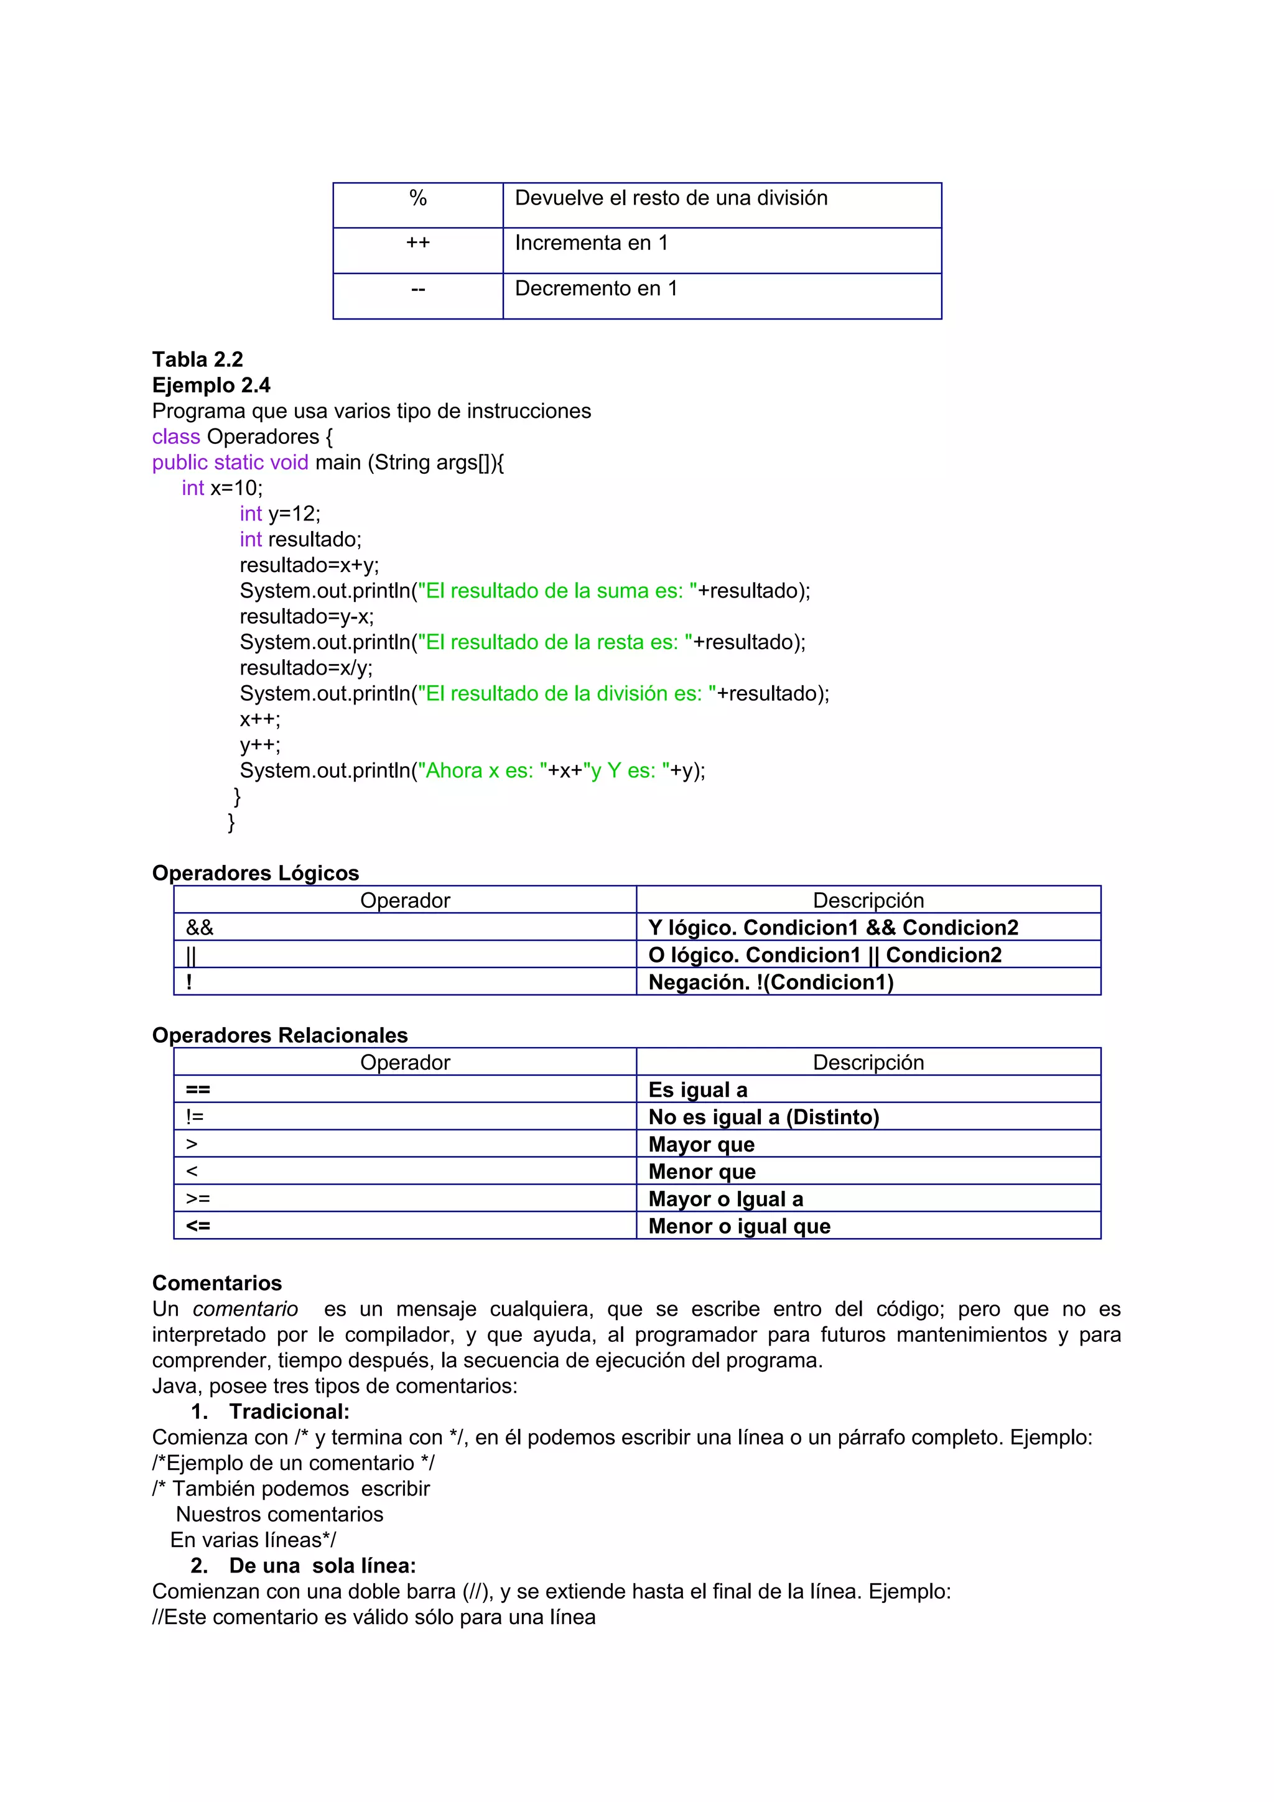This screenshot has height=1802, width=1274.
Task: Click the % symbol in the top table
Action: (x=417, y=198)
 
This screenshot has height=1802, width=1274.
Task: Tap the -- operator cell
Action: (x=417, y=290)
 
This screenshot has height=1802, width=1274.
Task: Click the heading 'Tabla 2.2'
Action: (x=198, y=359)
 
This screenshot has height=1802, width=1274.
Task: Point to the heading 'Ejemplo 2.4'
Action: (x=211, y=386)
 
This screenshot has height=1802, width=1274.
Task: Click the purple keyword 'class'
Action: (x=176, y=437)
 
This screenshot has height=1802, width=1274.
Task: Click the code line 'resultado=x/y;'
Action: (x=306, y=667)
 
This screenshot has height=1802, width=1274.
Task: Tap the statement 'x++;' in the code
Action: (x=260, y=719)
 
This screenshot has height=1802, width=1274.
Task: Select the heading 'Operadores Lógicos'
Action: (x=255, y=873)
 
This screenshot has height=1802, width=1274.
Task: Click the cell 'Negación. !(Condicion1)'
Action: (x=771, y=982)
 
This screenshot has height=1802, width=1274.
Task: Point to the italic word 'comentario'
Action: (x=245, y=1309)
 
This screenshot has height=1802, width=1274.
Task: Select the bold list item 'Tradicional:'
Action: (x=289, y=1412)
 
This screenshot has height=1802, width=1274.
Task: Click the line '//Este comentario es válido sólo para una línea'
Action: (x=374, y=1617)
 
